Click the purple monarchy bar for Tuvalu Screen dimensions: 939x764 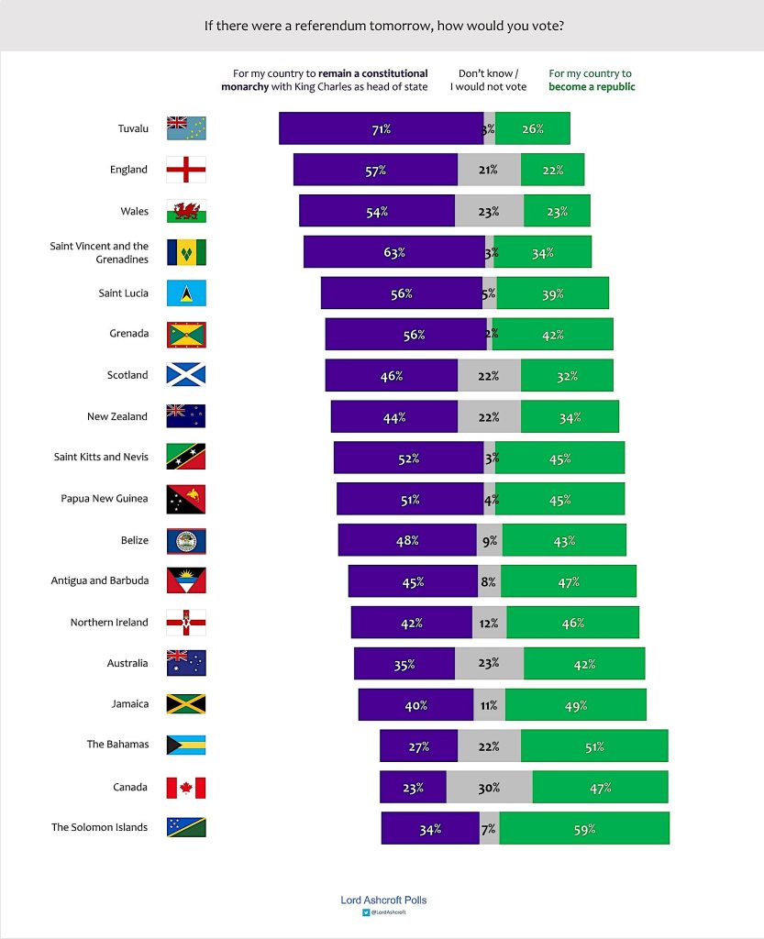coord(381,128)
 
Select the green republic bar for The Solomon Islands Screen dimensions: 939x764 coord(584,828)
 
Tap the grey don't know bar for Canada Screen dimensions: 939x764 coord(489,787)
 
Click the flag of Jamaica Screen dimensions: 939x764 coord(186,704)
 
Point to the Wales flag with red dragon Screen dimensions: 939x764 coord(186,211)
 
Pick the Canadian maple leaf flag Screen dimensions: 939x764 coord(186,787)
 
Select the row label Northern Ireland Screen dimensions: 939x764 coord(109,623)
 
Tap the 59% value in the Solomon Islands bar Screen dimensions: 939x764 coord(584,829)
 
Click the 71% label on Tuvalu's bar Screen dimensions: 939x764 coord(381,129)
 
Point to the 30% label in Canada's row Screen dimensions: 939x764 coord(489,788)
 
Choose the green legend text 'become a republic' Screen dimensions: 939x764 coord(592,87)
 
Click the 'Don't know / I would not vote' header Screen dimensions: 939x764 coord(489,80)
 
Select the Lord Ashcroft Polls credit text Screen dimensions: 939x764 coord(383,900)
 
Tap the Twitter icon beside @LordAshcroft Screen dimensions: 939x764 coord(365,913)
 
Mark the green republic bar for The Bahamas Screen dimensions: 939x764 coord(593,746)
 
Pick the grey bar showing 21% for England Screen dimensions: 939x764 coord(489,170)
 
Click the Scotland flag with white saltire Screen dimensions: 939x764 coord(186,375)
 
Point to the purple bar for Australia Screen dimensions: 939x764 coord(404,663)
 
